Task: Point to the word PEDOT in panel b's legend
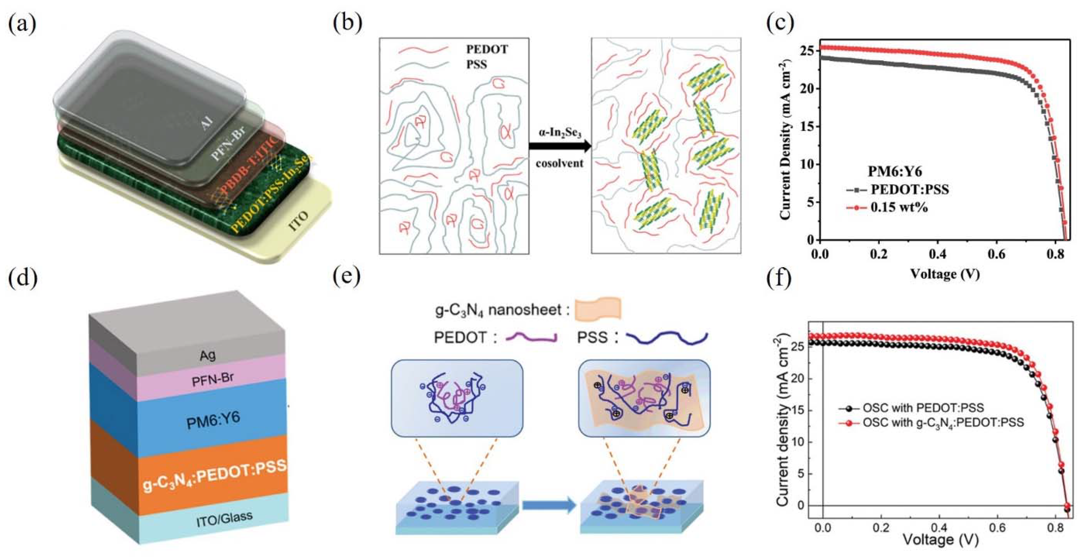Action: [x=487, y=49]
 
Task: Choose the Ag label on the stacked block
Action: [x=208, y=355]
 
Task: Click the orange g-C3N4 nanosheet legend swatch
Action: [x=598, y=308]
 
